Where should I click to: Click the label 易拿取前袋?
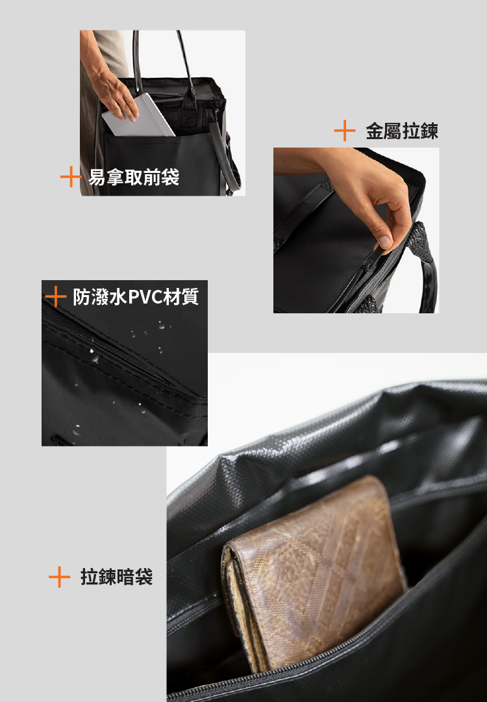(134, 177)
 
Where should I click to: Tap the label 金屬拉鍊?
(402, 131)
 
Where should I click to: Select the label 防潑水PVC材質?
(136, 297)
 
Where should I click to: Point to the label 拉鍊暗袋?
(117, 577)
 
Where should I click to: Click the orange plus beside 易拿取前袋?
(70, 177)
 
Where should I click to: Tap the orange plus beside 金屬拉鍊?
(345, 131)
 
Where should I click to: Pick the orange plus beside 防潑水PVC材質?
(56, 297)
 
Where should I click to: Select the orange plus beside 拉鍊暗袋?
(59, 577)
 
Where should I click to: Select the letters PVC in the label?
(146, 297)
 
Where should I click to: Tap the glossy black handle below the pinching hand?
(429, 286)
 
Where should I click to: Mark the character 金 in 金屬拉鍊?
(375, 131)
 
